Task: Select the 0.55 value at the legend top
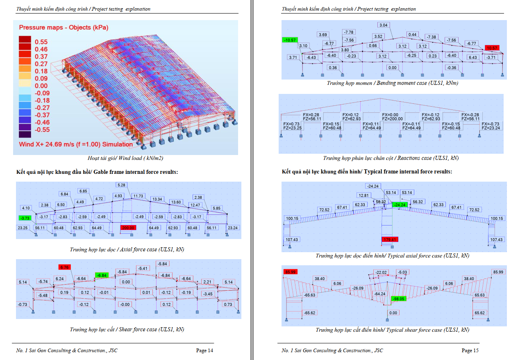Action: pyautogui.click(x=41, y=42)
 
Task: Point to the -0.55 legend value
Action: pyautogui.click(x=42, y=130)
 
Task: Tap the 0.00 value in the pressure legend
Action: pyautogui.click(x=41, y=86)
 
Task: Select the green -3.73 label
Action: pyautogui.click(x=25, y=218)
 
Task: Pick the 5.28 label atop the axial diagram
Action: pyautogui.click(x=122, y=185)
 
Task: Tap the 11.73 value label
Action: pyautogui.click(x=138, y=196)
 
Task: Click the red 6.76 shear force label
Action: pyautogui.click(x=64, y=267)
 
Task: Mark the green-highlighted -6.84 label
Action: pyautogui.click(x=101, y=275)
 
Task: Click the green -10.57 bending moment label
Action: pyautogui.click(x=289, y=40)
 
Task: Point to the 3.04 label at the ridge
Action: pyautogui.click(x=383, y=25)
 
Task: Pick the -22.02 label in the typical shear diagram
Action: pyautogui.click(x=381, y=272)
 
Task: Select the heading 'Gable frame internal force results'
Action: pyautogui.click(x=136, y=172)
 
